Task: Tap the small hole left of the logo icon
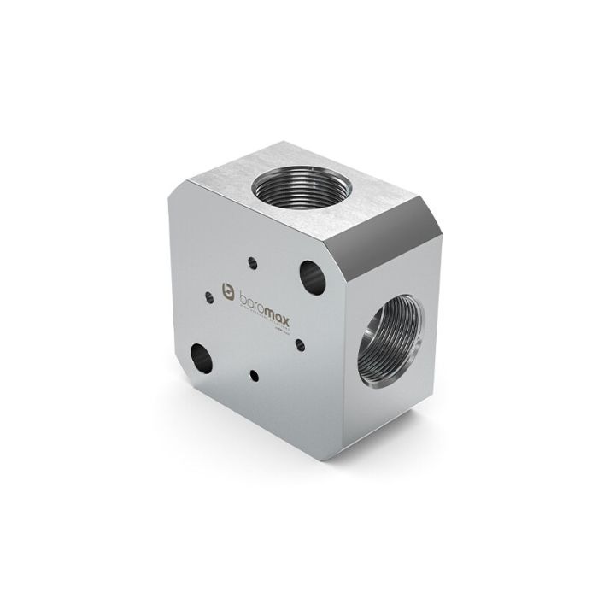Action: [x=207, y=296]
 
